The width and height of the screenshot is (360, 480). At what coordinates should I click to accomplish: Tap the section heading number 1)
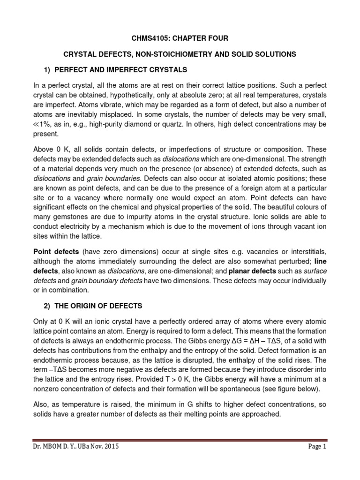46,70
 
